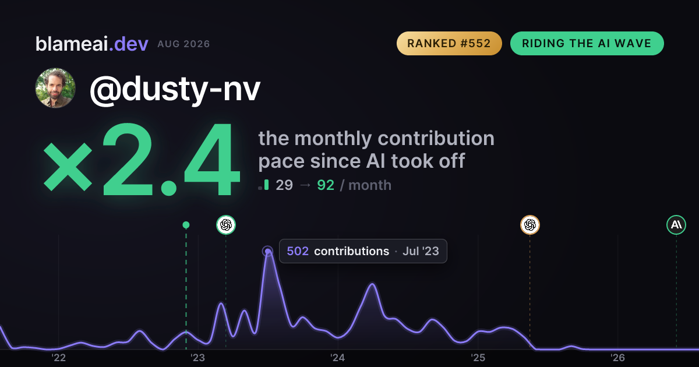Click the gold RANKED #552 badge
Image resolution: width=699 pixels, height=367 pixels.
(449, 43)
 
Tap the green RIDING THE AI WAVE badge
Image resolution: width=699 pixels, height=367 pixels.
(587, 43)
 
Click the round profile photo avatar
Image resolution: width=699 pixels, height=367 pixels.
(55, 89)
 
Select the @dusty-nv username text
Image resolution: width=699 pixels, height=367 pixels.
(175, 89)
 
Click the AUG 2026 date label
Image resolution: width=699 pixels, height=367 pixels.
(183, 44)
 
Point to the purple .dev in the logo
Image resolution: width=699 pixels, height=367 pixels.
(129, 44)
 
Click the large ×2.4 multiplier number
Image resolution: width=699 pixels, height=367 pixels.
(142, 159)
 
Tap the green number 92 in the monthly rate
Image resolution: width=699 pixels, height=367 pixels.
(326, 185)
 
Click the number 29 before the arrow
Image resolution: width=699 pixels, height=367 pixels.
(284, 185)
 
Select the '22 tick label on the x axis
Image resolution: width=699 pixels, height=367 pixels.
(58, 358)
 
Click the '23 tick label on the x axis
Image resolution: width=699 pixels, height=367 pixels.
(198, 358)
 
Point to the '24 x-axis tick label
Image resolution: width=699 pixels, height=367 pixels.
(338, 358)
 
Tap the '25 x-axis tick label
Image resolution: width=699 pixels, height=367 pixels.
(478, 358)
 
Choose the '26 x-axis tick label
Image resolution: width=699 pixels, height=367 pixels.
(617, 358)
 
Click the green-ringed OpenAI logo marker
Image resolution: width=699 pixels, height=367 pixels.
(226, 225)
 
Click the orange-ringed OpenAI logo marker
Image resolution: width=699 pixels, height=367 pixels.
(530, 225)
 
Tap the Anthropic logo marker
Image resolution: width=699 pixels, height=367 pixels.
(676, 225)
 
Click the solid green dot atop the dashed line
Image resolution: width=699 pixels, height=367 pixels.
(186, 225)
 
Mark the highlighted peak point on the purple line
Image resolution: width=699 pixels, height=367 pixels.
(268, 251)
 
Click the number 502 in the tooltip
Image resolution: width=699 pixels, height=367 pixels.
(298, 251)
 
